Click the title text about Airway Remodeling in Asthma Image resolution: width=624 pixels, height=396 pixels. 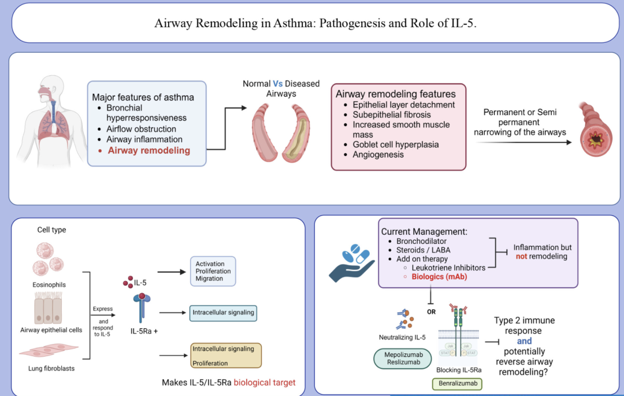click(315, 24)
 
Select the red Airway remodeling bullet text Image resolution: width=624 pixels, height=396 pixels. click(148, 150)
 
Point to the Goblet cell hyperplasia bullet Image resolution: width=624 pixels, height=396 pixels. click(395, 145)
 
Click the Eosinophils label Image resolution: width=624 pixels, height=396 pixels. click(49, 284)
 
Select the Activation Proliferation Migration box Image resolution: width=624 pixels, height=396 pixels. click(213, 271)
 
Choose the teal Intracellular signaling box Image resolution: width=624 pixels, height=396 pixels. click(223, 313)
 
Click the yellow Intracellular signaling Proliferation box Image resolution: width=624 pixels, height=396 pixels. click(226, 356)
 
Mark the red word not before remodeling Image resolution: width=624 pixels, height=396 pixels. click(521, 256)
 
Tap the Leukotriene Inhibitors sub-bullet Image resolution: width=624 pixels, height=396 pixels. click(448, 268)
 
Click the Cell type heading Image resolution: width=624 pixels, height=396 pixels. click(51, 230)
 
